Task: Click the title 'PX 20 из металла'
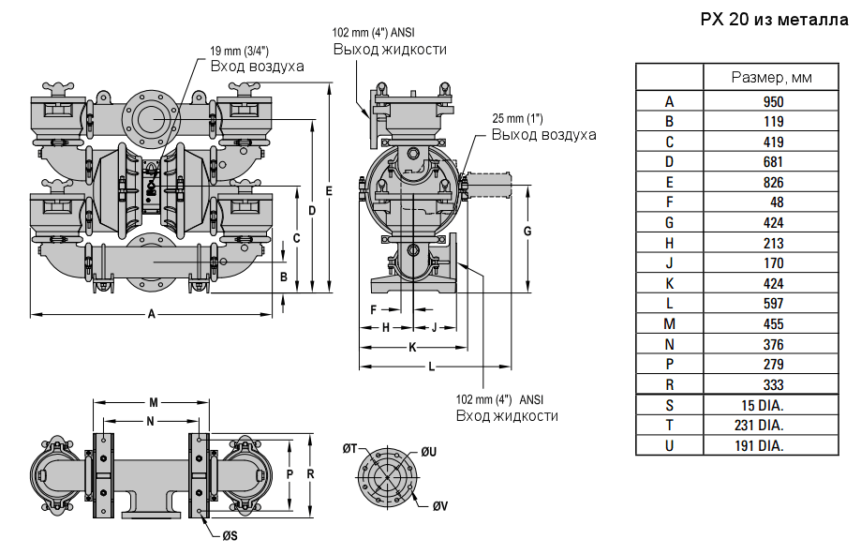(x=773, y=21)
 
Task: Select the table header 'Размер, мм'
(x=771, y=77)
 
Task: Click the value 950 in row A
(x=773, y=101)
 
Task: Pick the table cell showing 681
(x=773, y=162)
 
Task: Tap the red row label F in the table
(x=669, y=202)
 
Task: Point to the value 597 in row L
(x=773, y=304)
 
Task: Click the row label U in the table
(x=669, y=445)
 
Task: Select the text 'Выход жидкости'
(x=390, y=49)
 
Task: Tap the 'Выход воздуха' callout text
(x=544, y=134)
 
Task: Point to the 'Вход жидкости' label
(x=507, y=415)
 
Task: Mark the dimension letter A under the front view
(x=152, y=315)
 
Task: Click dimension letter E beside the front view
(x=329, y=190)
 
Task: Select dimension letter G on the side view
(x=527, y=231)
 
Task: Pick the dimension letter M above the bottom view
(x=153, y=402)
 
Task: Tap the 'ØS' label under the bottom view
(x=229, y=536)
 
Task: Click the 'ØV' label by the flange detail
(x=439, y=506)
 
